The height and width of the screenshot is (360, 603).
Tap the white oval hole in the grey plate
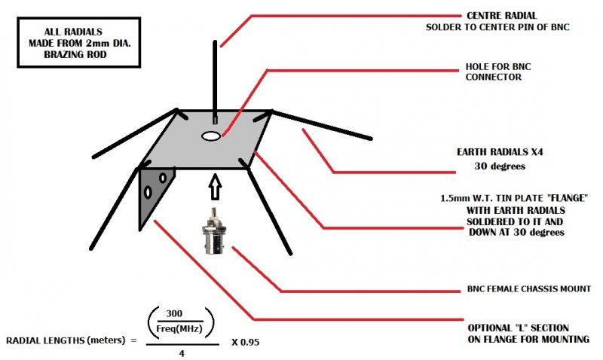[212, 136]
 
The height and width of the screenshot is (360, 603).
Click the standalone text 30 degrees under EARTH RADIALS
[499, 166]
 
